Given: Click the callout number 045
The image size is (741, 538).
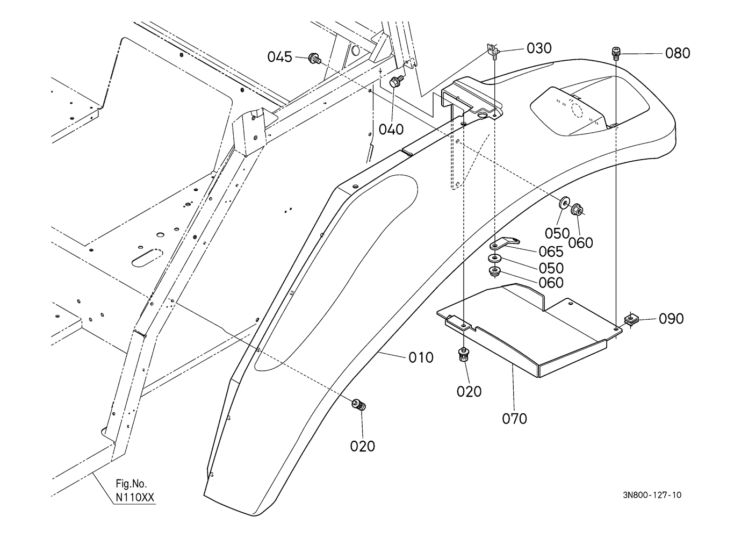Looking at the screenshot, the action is tap(279, 57).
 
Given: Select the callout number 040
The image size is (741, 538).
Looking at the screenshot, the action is tap(391, 130).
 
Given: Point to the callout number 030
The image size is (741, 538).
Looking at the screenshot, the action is tap(539, 48).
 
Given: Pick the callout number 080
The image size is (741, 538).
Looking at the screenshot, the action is tap(678, 53).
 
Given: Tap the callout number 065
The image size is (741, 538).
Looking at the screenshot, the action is tap(551, 252).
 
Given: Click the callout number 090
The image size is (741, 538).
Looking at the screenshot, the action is tap(671, 319).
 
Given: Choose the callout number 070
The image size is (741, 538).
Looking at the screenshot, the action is tap(514, 419).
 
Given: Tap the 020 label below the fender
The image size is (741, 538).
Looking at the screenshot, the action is tap(363, 446).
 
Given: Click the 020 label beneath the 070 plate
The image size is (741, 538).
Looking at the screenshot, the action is tap(469, 392).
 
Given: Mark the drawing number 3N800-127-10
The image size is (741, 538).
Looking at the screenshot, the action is tap(652, 495).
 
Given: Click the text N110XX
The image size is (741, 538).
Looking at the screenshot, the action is tap(135, 497).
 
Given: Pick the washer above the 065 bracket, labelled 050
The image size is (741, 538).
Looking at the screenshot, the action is tap(565, 203).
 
